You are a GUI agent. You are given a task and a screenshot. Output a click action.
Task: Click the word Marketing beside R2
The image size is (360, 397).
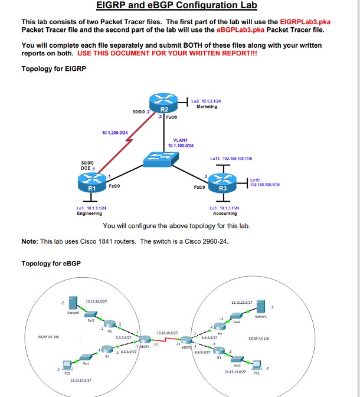coord(207,107)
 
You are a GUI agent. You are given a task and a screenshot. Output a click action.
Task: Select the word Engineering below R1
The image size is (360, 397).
coord(90,214)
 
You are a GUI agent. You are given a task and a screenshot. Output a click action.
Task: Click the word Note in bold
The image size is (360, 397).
coord(29,241)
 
